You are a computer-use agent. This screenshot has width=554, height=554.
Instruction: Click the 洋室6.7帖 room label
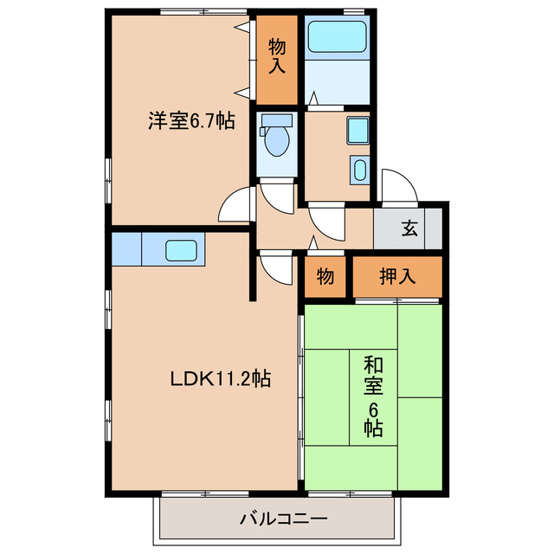click(190, 121)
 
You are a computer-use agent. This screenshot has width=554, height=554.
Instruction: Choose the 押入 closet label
click(397, 277)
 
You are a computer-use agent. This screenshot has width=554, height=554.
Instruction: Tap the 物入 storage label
click(277, 54)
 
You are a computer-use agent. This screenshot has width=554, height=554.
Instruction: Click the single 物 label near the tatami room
click(325, 277)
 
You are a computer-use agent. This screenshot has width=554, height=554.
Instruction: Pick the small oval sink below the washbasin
click(359, 168)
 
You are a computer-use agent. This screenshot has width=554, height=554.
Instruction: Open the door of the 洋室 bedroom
click(235, 206)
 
